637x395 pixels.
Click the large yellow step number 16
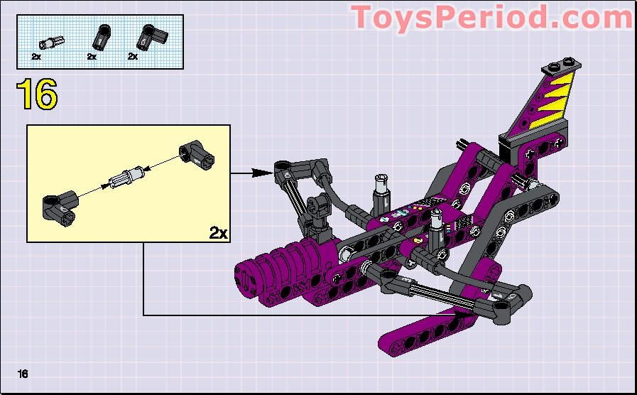pos(36,95)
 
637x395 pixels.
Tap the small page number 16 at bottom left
pos(23,374)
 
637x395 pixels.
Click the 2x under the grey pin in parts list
pos(36,56)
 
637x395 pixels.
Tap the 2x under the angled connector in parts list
pos(133,56)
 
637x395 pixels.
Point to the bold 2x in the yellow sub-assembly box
pos(217,232)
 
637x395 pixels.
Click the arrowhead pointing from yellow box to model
pos(266,171)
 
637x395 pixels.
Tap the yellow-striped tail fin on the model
pos(538,107)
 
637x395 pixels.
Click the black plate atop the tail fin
pos(557,69)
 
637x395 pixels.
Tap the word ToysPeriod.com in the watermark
pos(491,18)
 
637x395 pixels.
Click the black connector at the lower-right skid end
pos(512,298)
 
